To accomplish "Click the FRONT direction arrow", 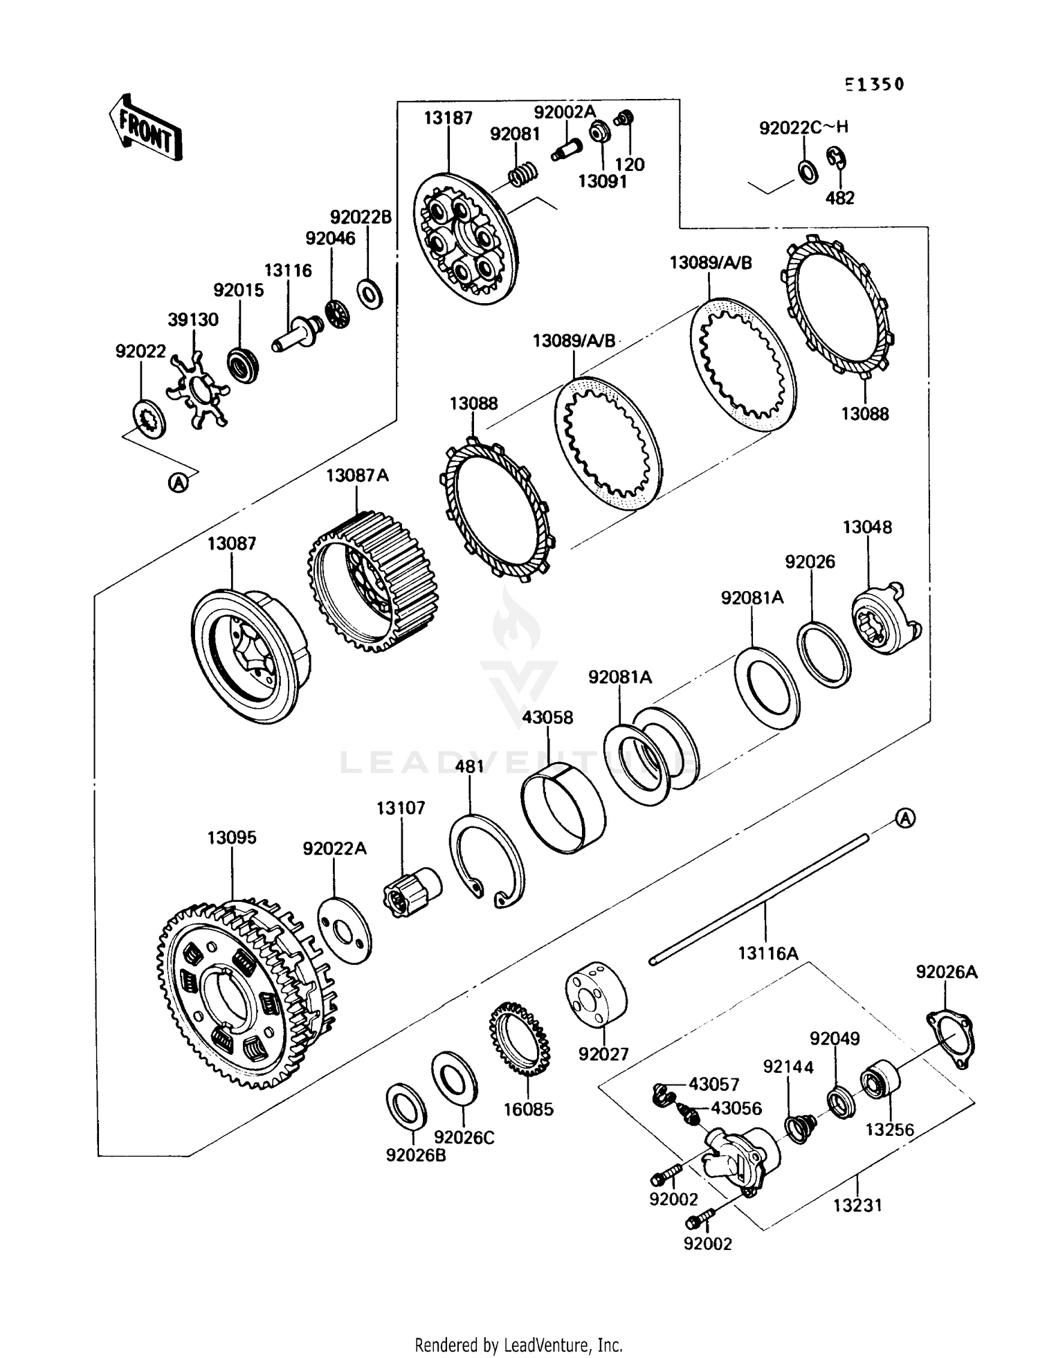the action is pyautogui.click(x=145, y=128).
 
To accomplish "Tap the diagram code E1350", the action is pyautogui.click(x=874, y=84).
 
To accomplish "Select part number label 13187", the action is pyautogui.click(x=448, y=118).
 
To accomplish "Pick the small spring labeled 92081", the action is pyautogui.click(x=524, y=173).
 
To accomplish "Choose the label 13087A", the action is pyautogui.click(x=357, y=476).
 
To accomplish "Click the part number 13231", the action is pyautogui.click(x=857, y=1205).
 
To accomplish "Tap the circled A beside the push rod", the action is pyautogui.click(x=905, y=818).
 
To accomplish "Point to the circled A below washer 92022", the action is pyautogui.click(x=179, y=482).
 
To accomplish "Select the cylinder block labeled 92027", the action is pyautogui.click(x=596, y=993).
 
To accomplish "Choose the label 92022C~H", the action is pyautogui.click(x=803, y=127).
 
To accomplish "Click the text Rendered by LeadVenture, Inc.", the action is pyautogui.click(x=519, y=1345).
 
